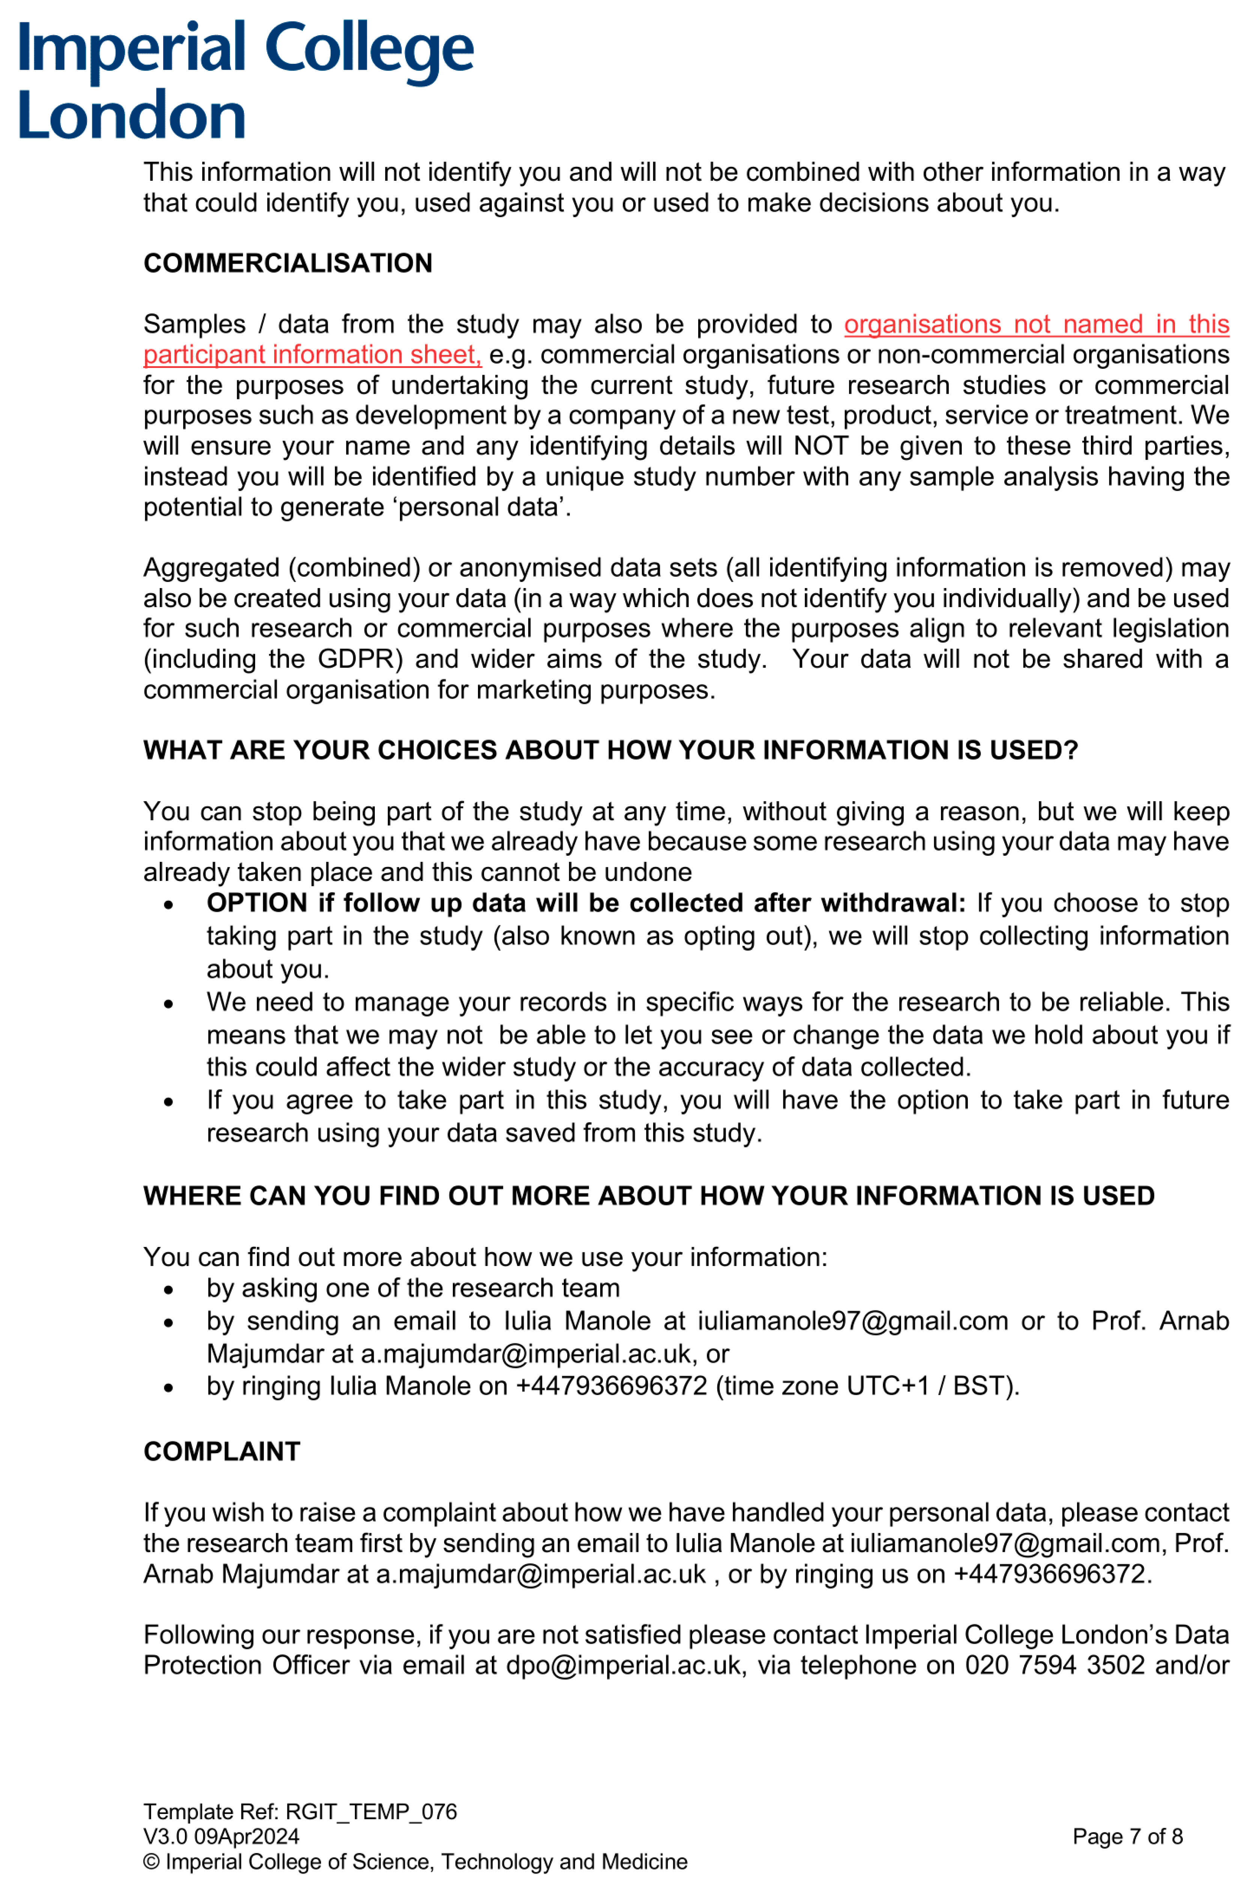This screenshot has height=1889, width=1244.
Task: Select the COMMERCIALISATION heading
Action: [287, 263]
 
